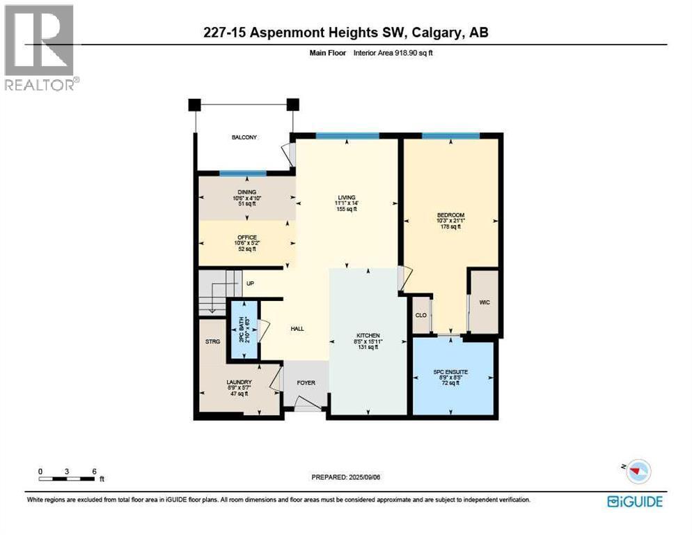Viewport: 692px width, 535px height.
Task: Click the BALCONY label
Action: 244,138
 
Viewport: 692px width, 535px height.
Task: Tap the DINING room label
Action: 246,192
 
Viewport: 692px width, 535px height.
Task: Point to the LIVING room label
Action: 345,198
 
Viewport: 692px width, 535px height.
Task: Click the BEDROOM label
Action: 450,215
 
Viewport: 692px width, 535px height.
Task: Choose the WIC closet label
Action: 484,302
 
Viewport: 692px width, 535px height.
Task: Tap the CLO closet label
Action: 420,315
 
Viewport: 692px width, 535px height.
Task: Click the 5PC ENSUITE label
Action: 453,372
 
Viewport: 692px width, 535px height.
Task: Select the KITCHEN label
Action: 367,336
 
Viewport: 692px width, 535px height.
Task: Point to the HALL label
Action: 297,329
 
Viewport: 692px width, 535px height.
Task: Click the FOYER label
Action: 305,382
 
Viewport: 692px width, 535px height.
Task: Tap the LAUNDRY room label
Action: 238,382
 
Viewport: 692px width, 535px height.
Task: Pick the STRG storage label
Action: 212,341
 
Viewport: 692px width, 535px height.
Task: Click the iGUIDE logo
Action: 634,501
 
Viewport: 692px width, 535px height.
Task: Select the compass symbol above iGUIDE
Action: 637,472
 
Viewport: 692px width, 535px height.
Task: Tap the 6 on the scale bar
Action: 93,472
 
